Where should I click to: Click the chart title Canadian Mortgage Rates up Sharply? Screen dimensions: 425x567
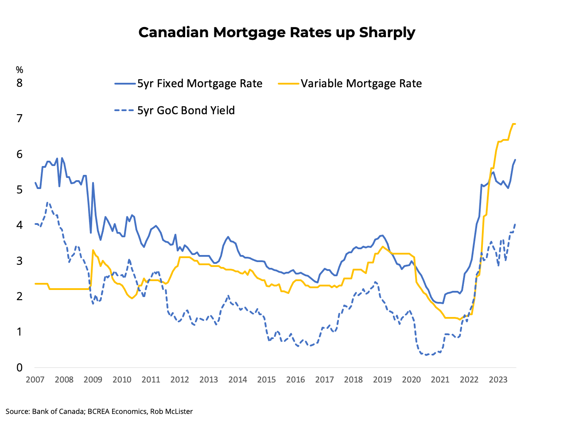coord(277,32)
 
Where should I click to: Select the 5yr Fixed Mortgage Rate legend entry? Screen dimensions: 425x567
coord(199,84)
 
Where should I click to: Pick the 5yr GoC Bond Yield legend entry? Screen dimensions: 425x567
coord(186,110)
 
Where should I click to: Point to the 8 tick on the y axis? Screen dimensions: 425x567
coord(19,83)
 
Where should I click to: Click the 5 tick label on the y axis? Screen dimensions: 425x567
coord(19,190)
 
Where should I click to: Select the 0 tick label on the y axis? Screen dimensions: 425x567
coord(19,367)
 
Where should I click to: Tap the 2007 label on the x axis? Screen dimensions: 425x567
coord(35,380)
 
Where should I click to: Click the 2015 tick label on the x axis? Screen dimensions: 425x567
coord(267,380)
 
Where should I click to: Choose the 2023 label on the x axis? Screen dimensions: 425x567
coord(498,380)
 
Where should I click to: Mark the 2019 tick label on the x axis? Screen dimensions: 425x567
coord(382,380)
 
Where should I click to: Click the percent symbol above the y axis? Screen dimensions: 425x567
coord(19,70)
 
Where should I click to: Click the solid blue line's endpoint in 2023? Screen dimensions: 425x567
coord(516,159)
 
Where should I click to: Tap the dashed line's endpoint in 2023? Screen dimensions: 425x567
coord(516,224)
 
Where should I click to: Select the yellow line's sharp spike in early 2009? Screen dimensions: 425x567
coord(93,250)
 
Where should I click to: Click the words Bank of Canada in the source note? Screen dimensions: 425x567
coord(58,411)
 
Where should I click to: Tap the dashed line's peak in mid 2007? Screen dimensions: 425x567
coord(48,203)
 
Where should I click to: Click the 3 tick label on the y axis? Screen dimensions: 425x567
coord(19,261)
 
